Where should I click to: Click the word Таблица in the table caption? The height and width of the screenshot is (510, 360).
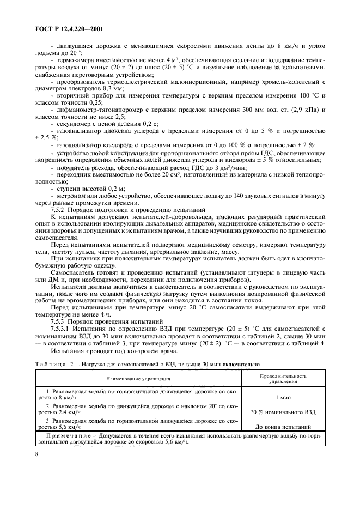[51, 363]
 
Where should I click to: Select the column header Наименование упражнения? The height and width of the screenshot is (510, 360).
[138, 378]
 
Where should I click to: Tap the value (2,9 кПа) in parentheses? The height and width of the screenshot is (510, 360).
[301, 110]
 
